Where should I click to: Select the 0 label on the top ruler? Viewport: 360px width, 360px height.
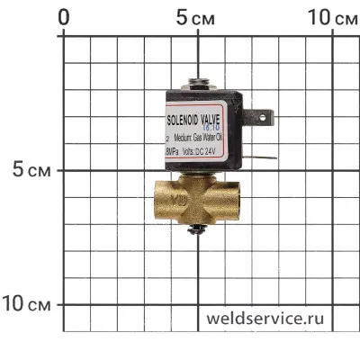63,17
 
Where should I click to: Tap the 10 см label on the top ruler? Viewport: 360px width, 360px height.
331,17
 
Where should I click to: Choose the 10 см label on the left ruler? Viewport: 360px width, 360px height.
27,303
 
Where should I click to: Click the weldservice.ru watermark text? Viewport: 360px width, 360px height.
264,319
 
